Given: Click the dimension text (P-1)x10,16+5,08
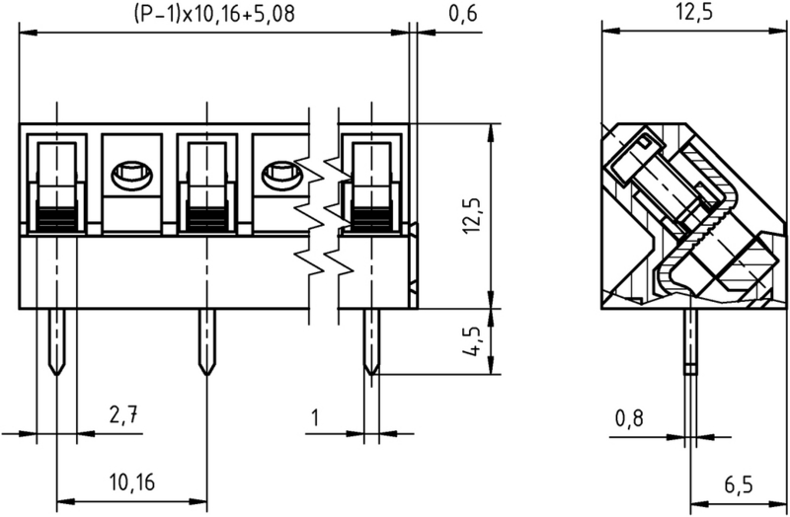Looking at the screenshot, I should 212,14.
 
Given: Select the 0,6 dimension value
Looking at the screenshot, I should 461,14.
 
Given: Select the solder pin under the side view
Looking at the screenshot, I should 690,340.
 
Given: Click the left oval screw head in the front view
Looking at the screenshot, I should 130,177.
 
